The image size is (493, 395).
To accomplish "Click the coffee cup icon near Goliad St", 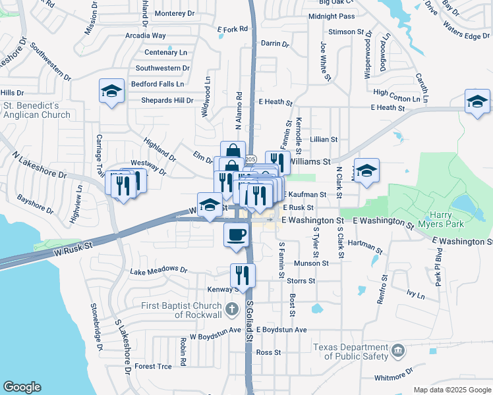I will coord(236,234).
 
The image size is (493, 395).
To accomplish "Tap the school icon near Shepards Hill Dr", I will coord(111,92).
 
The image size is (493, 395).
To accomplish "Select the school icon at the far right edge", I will coord(477,101).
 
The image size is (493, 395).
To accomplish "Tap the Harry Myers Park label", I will coord(447,219).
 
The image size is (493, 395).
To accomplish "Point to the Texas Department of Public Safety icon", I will coord(398,352).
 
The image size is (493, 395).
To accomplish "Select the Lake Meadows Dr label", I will coord(159,270).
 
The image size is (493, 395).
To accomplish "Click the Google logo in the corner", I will coord(22,387).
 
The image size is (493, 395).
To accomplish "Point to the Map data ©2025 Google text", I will coord(452,390).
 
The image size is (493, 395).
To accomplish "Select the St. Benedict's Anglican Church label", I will coord(36,110).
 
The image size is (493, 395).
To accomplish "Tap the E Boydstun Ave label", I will coord(282,329).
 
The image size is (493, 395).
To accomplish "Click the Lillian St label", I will coord(324,140).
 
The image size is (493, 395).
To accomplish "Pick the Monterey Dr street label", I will coord(175,13).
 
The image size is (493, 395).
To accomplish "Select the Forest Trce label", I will coord(153,366).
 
